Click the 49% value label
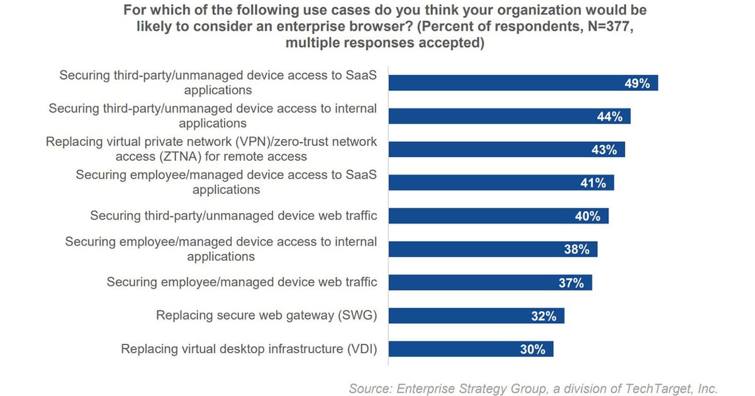tap(637, 83)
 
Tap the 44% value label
tap(610, 116)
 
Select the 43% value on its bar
tap(604, 150)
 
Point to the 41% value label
tap(593, 183)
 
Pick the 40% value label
tap(588, 216)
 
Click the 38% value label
tap(576, 250)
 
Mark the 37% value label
tap(571, 283)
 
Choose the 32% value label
tap(543, 316)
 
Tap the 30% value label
tap(532, 349)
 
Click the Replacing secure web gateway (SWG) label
tap(266, 316)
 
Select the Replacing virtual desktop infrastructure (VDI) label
tap(249, 349)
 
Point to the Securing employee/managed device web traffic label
tap(242, 282)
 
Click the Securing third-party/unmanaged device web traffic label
tap(233, 216)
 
